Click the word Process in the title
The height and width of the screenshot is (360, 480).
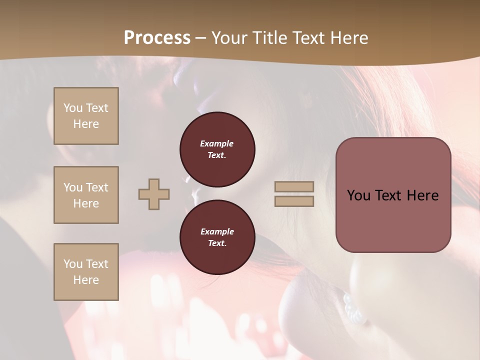(157, 38)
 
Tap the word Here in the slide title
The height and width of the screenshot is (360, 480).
(349, 38)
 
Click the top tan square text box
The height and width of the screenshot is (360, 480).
(86, 116)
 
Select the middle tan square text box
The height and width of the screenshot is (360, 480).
(86, 195)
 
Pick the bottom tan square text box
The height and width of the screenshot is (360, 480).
(86, 272)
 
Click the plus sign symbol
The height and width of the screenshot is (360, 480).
(154, 194)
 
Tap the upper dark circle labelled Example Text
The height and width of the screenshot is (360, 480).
(217, 149)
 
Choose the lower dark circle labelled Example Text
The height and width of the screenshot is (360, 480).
(217, 237)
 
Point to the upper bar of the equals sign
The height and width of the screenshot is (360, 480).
(294, 186)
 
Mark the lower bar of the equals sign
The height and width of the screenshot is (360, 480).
(294, 201)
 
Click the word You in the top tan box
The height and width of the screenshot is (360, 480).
(73, 108)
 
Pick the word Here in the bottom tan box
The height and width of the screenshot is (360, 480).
(86, 280)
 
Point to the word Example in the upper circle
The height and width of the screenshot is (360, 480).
(217, 143)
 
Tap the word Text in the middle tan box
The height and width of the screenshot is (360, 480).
(96, 187)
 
